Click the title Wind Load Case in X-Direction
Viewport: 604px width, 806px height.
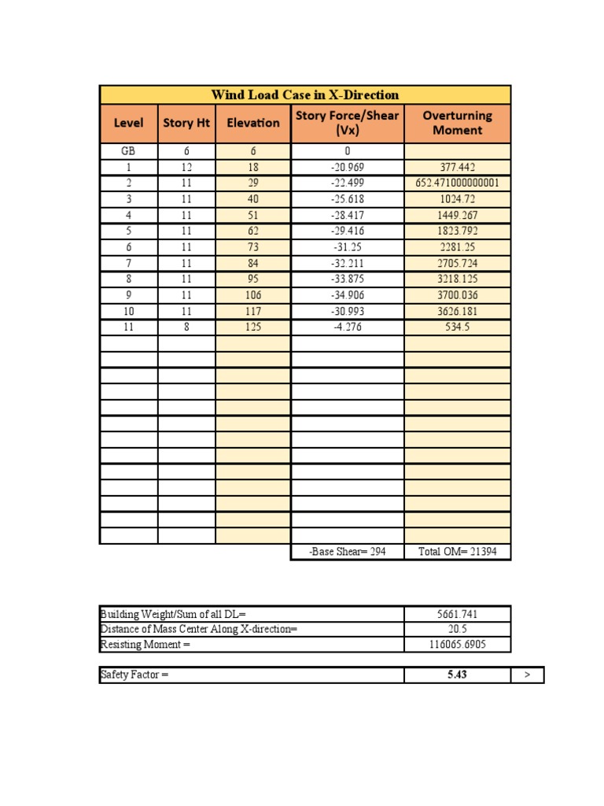305,95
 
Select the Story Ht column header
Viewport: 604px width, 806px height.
186,123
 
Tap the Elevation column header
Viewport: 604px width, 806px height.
253,123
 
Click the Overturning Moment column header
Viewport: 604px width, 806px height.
458,123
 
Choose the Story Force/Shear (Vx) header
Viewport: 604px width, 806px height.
348,123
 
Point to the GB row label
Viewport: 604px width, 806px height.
128,151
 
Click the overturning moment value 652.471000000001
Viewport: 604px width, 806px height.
458,183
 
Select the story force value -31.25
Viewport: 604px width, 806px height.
348,247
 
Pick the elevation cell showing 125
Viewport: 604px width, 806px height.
253,327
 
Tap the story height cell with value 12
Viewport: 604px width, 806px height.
186,168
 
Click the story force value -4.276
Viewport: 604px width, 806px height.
348,327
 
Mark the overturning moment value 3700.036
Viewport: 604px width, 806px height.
458,295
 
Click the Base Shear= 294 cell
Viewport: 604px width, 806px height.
348,553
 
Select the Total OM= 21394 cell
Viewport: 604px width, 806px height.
458,553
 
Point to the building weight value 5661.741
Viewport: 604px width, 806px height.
458,614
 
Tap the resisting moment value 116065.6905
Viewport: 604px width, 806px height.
458,645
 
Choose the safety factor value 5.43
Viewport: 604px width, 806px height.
458,675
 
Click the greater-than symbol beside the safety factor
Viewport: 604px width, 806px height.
527,675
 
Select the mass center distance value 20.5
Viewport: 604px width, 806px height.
458,629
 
